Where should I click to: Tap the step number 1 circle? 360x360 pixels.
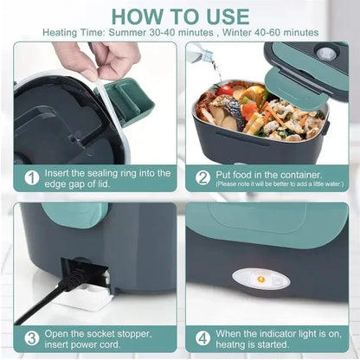pyautogui.click(x=32, y=178)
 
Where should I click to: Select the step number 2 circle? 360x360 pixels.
pyautogui.click(x=202, y=177)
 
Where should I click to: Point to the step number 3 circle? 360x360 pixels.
pyautogui.click(x=32, y=337)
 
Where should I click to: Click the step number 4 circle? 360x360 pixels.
pyautogui.click(x=202, y=337)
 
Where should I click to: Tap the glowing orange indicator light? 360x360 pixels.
pyautogui.click(x=258, y=279)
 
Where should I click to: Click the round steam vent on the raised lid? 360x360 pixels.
pyautogui.click(x=326, y=54)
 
